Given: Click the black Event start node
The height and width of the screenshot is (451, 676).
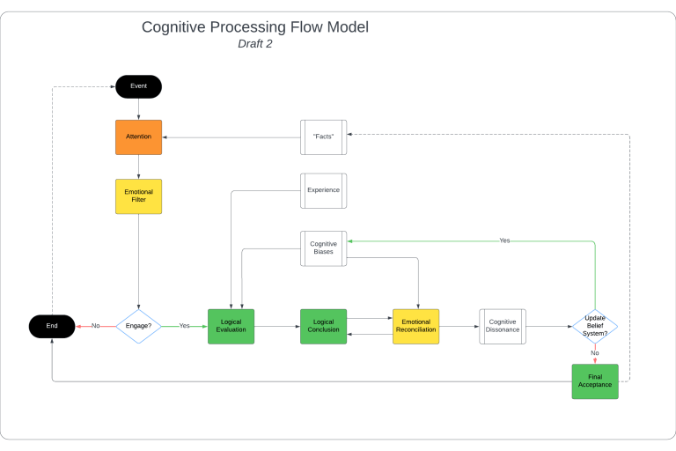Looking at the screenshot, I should pos(138,86).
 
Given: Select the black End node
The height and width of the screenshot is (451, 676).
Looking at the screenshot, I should pos(52,326).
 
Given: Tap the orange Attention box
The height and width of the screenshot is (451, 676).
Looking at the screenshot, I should pos(138,137).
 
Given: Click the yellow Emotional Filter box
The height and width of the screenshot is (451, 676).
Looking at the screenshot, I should pos(138,196).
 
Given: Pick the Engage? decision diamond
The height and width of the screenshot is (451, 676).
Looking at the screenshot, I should pos(138,326).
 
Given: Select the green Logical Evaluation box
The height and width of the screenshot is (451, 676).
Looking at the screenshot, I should pos(231,326).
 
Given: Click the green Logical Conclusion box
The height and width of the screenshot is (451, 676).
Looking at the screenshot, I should pos(323,326).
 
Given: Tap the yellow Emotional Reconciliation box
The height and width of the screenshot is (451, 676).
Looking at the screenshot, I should pos(415,326).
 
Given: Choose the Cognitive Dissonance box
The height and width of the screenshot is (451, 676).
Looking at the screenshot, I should pos(502,326).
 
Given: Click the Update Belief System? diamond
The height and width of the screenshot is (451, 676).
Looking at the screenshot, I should pos(595,326).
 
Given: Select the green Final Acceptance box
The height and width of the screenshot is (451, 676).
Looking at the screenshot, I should pos(595,381).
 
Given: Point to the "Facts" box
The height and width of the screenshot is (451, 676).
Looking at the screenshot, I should pos(323,137).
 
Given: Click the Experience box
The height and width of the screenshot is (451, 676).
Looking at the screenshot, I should pos(323,190).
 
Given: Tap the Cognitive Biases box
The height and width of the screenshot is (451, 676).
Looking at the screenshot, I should pos(323,248).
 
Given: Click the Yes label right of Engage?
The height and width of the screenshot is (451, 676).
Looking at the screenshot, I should pos(184,326).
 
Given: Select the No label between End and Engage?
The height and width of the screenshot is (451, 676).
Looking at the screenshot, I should pos(95,326).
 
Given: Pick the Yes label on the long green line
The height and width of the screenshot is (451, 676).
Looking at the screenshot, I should pos(504,240).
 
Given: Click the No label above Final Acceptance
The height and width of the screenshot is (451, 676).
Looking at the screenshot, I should pos(595,353).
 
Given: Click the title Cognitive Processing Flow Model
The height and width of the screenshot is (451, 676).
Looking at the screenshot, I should pos(255,27).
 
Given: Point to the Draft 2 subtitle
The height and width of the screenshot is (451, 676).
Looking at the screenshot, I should pos(255,44).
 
